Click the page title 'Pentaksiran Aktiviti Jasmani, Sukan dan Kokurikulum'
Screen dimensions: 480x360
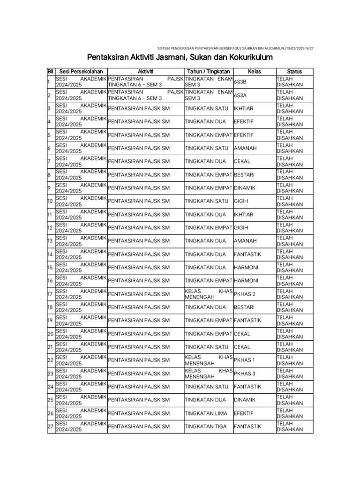pyautogui.click(x=180, y=57)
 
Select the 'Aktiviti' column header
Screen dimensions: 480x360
pyautogui.click(x=145, y=71)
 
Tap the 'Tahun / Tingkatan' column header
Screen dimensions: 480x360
pyautogui.click(x=208, y=71)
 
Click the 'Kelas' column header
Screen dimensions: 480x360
pyautogui.click(x=254, y=71)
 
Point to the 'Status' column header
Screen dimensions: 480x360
pyautogui.click(x=294, y=71)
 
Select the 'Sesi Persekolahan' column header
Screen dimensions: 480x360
pyautogui.click(x=81, y=71)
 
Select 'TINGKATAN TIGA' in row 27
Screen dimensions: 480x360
pyautogui.click(x=205, y=427)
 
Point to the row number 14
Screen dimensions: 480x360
pyautogui.click(x=50, y=254)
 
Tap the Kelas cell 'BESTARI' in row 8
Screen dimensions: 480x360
pyautogui.click(x=244, y=175)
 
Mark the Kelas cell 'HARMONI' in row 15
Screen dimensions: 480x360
pyautogui.click(x=246, y=267)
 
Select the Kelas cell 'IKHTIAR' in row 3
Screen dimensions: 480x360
pyautogui.click(x=243, y=109)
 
